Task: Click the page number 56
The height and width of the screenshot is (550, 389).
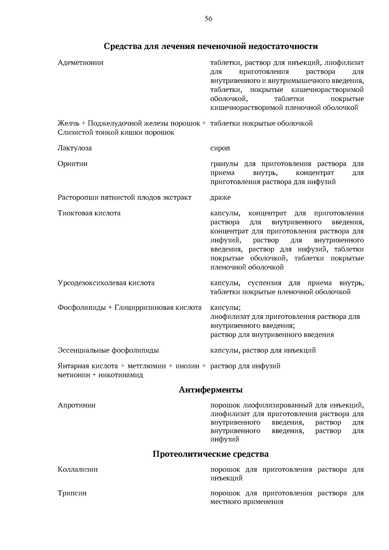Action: tap(208, 19)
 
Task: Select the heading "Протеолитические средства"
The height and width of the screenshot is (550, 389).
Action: tap(211, 454)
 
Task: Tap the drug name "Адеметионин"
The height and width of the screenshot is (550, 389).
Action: tap(80, 63)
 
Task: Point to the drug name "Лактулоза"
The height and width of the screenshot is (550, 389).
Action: tap(75, 148)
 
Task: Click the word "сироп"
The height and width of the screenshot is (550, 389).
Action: tap(220, 148)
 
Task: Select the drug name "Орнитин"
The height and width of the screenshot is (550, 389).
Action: tap(73, 164)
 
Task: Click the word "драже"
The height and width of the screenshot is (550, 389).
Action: tap(220, 197)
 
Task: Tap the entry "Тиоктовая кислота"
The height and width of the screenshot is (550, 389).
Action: tap(89, 213)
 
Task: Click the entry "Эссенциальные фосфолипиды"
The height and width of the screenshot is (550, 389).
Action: tap(108, 350)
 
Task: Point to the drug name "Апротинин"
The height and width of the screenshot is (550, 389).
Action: tap(77, 405)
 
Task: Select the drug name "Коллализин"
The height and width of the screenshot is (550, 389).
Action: tap(77, 469)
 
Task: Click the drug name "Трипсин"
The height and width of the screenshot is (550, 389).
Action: tap(72, 493)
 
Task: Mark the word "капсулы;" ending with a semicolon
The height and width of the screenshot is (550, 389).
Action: tap(225, 308)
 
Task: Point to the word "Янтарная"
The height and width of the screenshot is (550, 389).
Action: tap(72, 366)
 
